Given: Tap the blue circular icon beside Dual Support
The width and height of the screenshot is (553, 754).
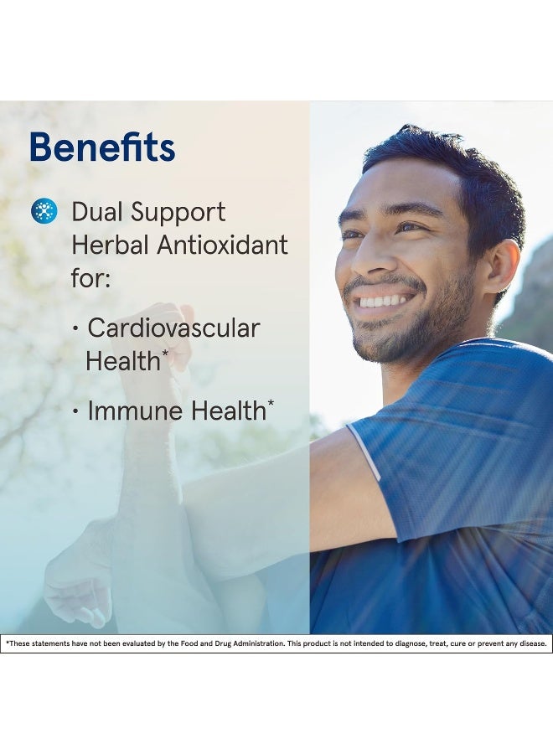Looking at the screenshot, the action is (x=44, y=211).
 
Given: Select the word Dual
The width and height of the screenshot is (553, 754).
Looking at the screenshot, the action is (x=96, y=212).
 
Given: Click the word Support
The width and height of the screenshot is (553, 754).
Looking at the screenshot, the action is (x=178, y=213).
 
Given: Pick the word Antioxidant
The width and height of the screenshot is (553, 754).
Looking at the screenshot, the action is (x=223, y=245).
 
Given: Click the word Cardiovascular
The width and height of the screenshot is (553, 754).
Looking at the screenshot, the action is (x=173, y=328).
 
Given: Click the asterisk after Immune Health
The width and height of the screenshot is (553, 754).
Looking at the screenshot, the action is (x=271, y=404).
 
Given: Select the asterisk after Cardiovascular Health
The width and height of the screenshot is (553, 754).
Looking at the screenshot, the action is (x=165, y=354).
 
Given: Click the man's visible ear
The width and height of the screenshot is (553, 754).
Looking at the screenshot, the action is (x=502, y=266).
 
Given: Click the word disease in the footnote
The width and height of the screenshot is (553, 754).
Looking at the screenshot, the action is (x=535, y=643).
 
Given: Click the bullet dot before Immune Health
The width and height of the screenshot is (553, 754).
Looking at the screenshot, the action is (x=75, y=412).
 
